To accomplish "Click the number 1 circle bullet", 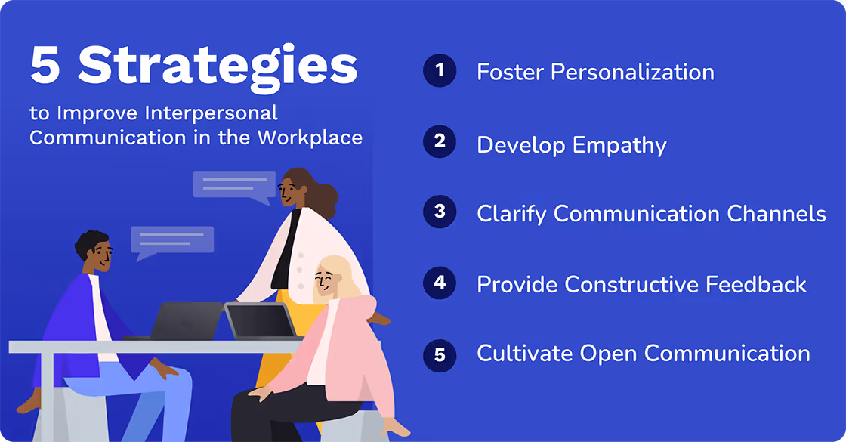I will coord(440,72).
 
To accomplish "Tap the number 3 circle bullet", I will coord(440,212).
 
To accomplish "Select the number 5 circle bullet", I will coord(440,354).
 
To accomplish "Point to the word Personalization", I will coord(632,73).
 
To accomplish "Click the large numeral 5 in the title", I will coord(45,66).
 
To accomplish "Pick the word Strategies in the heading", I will coord(218,67).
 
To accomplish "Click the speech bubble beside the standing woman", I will coord(233,185).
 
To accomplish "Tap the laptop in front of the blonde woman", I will coord(261,320).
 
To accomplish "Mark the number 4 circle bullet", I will coord(440,283).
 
